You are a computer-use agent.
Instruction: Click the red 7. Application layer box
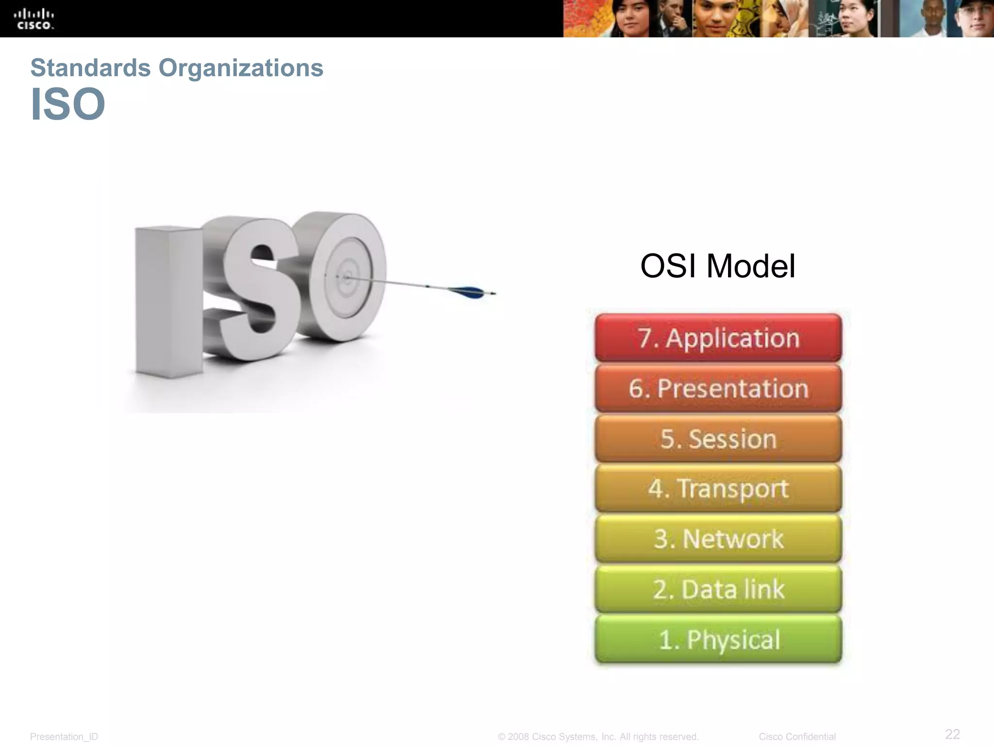718,338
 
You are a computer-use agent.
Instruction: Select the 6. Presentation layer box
718,388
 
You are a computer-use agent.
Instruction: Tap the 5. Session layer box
718,439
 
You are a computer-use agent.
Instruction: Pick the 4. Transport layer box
718,489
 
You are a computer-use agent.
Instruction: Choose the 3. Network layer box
718,539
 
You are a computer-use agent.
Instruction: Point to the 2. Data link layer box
718,589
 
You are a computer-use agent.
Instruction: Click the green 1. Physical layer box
718,639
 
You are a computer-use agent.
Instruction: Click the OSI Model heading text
717,266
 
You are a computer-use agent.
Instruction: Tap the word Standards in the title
90,68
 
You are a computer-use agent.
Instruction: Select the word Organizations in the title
241,68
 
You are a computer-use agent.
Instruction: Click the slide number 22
952,733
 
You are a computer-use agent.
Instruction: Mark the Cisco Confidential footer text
797,737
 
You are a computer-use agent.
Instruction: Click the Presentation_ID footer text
64,737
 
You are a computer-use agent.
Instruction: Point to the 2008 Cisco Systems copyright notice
598,737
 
